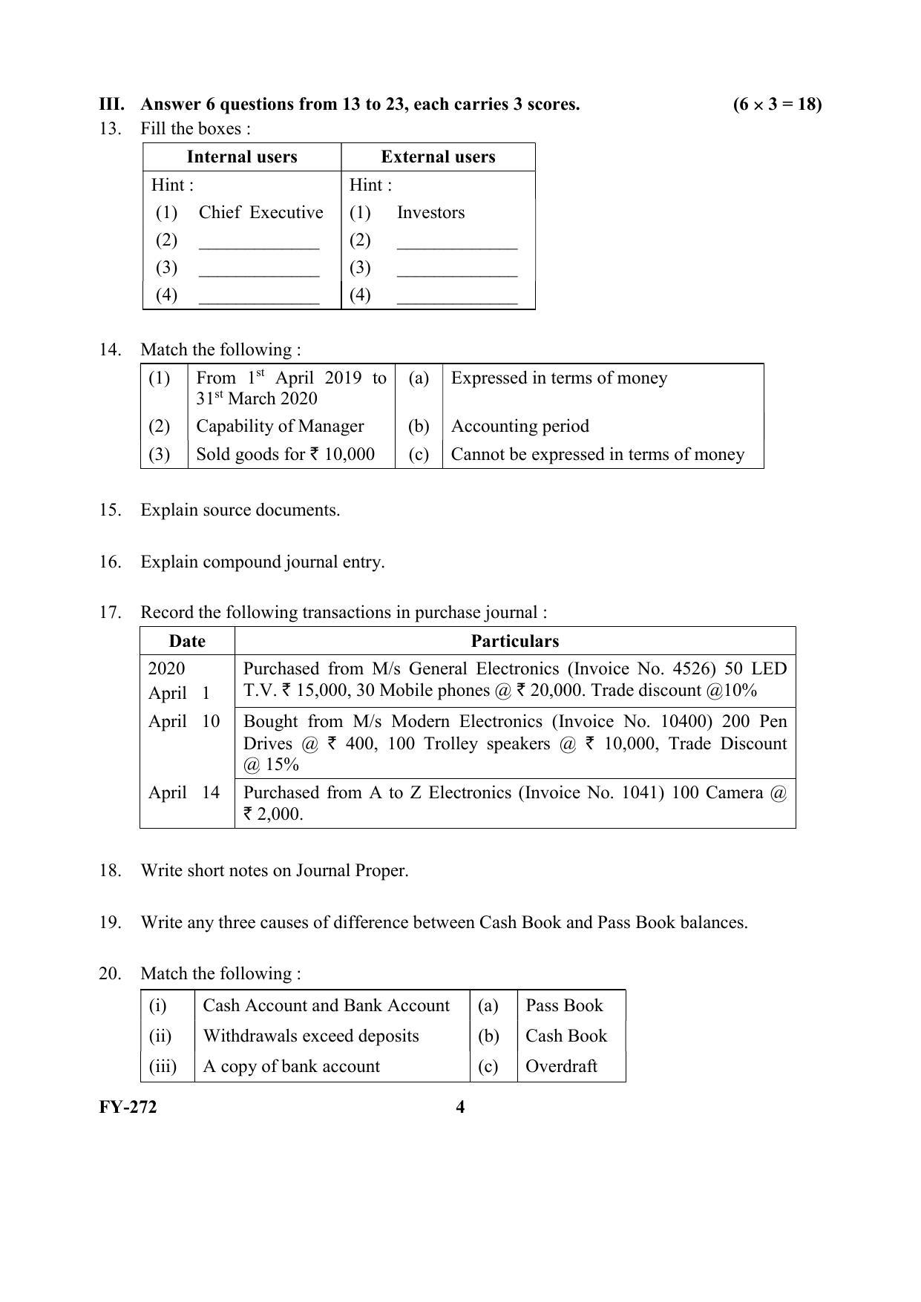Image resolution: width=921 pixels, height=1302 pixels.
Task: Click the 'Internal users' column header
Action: [x=242, y=157]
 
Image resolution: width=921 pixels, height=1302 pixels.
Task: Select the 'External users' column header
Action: [x=438, y=157]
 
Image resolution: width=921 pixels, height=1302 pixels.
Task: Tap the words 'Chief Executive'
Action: [x=260, y=212]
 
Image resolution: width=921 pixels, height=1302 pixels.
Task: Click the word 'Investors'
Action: [x=430, y=212]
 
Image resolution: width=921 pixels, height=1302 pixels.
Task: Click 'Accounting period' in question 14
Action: [x=520, y=426]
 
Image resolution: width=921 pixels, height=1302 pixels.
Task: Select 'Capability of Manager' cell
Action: [x=280, y=426]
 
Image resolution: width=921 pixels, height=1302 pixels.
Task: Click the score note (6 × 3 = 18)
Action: [x=777, y=104]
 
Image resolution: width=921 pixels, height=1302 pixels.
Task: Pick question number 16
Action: [x=110, y=562]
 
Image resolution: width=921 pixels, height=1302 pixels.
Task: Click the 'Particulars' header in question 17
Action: [x=514, y=641]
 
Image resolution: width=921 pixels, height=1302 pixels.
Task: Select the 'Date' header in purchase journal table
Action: [x=187, y=641]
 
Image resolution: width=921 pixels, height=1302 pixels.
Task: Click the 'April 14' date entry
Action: [x=184, y=792]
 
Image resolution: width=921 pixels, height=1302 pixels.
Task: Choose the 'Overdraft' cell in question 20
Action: [x=561, y=1066]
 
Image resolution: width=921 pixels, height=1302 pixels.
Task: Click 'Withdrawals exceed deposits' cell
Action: [x=311, y=1036]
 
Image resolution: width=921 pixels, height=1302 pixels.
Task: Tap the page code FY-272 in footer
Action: [x=128, y=1107]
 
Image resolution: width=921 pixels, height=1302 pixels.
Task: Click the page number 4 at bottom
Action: [x=460, y=1107]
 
